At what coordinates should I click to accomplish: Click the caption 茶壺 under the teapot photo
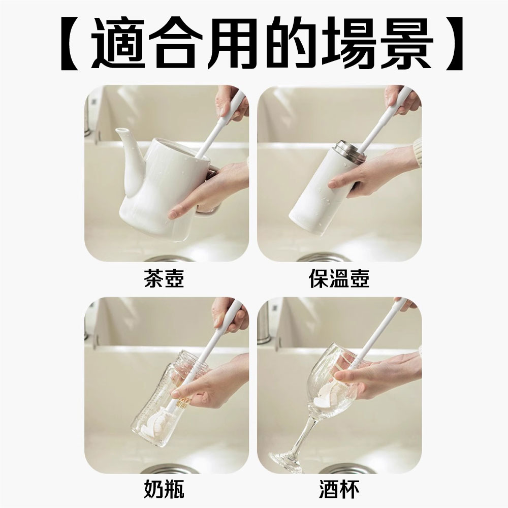pyautogui.click(x=164, y=278)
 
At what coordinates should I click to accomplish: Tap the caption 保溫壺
pyautogui.click(x=339, y=278)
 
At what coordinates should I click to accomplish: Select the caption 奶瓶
pyautogui.click(x=164, y=489)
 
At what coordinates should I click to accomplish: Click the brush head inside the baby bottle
pyautogui.click(x=153, y=420)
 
